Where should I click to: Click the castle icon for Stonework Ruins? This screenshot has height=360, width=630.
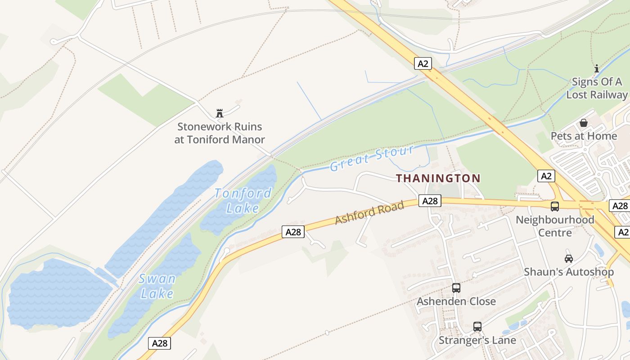pos(220,113)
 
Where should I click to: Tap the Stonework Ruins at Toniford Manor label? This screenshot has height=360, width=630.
pos(220,133)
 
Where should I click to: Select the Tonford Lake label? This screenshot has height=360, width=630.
pos(243,201)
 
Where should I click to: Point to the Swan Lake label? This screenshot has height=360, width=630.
pos(157,286)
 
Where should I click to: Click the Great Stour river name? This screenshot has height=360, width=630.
pos(372,158)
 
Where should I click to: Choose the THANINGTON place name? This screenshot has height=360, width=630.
pos(438,178)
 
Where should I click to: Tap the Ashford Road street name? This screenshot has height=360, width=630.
pos(369,213)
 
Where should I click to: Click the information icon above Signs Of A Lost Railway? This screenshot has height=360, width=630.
pos(597,68)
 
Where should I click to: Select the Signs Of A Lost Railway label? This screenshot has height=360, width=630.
pos(597,88)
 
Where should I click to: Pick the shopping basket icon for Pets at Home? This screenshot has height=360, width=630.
pos(584,122)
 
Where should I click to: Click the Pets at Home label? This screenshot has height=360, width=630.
pos(584,136)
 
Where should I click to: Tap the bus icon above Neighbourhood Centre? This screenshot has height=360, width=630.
pos(555,206)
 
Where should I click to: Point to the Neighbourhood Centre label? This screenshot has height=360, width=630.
pos(555,226)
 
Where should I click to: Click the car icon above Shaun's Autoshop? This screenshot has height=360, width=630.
pos(569,258)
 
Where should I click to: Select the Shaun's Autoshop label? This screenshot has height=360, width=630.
pos(569,272)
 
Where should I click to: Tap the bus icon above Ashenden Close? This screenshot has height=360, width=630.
pos(456,288)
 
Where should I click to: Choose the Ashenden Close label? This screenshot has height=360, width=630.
pos(456,301)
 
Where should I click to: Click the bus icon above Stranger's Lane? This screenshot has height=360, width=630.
pos(477,327)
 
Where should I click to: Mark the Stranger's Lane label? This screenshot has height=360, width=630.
pos(477,340)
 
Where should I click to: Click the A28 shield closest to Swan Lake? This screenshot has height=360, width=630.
pos(160,343)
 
